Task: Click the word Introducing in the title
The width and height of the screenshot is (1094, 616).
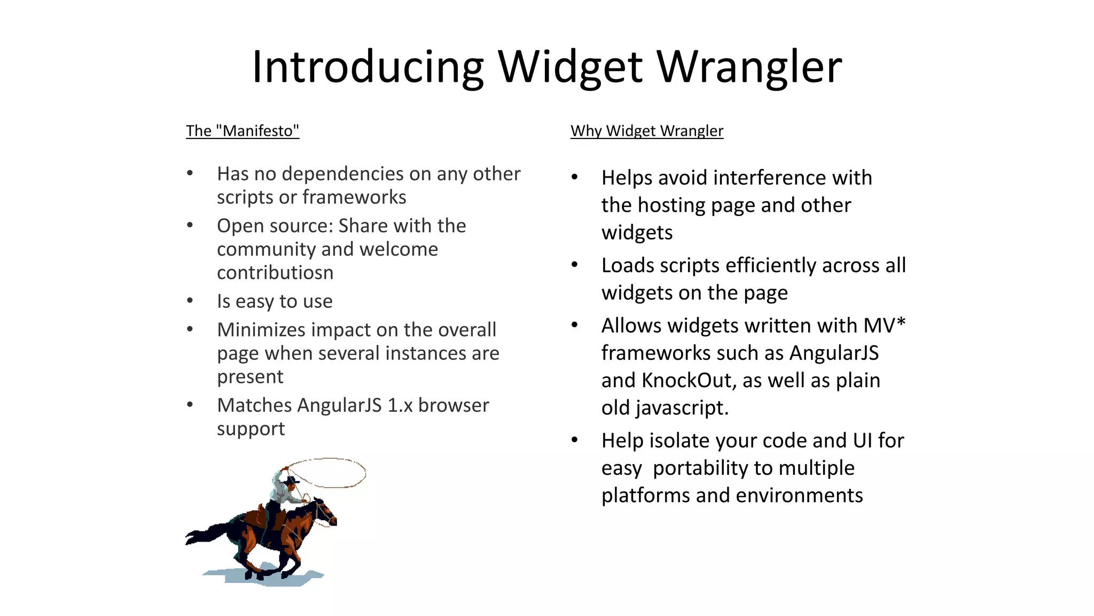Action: [368, 67]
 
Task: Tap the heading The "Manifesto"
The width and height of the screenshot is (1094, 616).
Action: [243, 131]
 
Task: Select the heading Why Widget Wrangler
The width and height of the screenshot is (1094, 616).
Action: [646, 131]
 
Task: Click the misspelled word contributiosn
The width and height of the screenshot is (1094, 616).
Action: [275, 273]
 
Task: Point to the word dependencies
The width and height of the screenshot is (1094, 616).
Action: [342, 174]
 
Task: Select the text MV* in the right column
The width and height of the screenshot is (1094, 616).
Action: [884, 326]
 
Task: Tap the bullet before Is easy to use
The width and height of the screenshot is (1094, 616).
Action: [190, 301]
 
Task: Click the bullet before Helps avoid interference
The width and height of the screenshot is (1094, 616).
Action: [575, 178]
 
